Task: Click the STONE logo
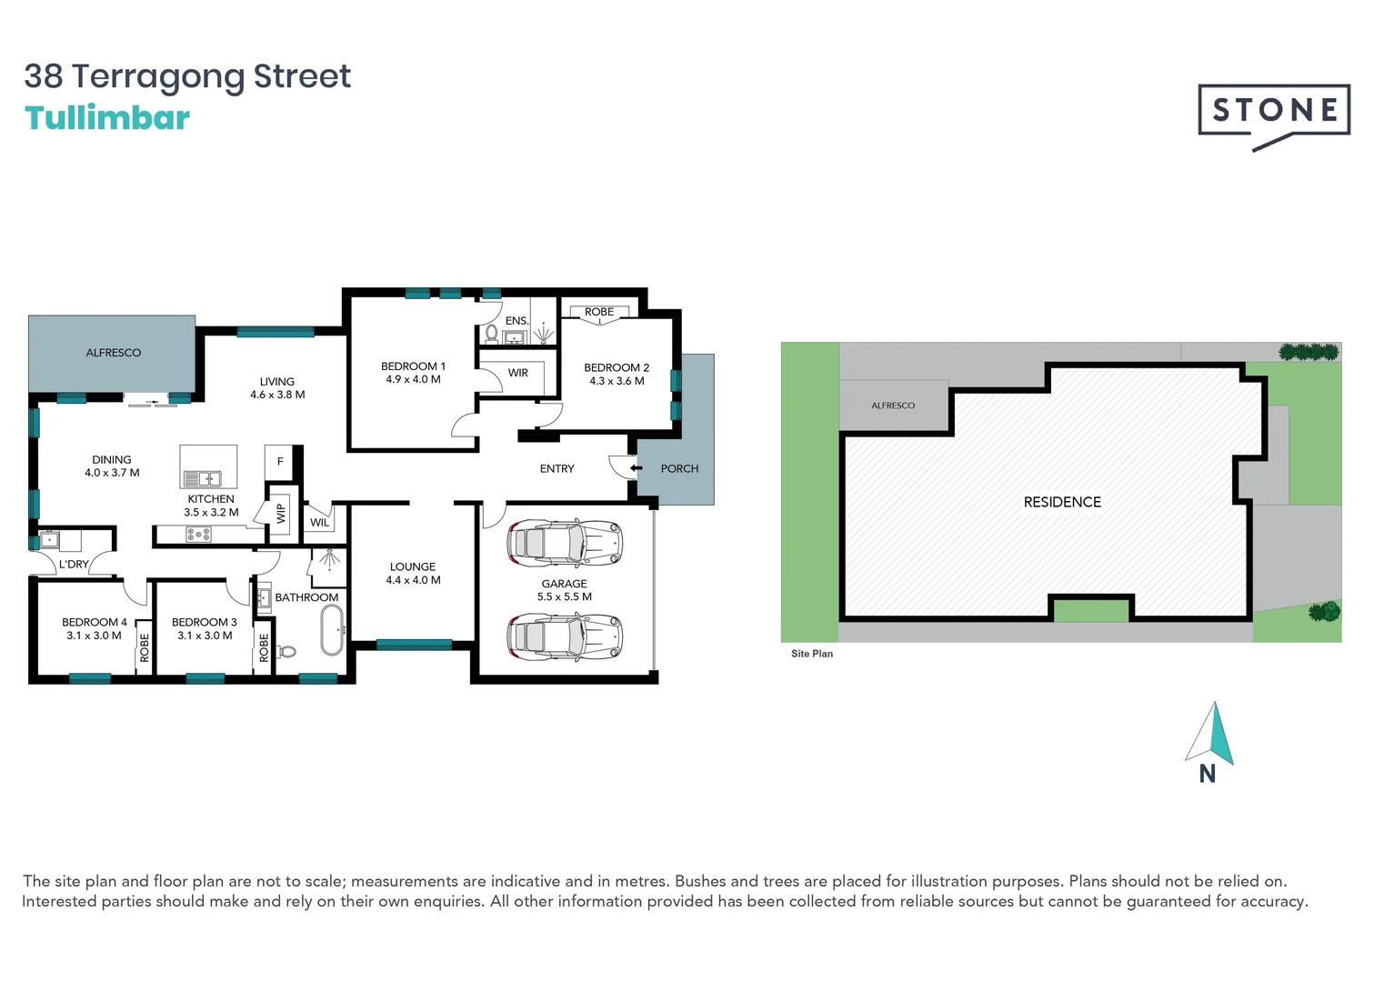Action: point(1273,112)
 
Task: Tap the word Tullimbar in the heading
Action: point(107,118)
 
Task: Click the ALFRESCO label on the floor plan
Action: point(114,353)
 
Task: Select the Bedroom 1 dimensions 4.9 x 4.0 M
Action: point(413,379)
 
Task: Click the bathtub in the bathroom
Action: point(332,630)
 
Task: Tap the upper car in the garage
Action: point(565,543)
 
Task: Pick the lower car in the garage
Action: point(565,636)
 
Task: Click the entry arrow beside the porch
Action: point(636,468)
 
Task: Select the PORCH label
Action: point(679,469)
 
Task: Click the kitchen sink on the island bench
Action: point(203,478)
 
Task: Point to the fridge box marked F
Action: point(280,462)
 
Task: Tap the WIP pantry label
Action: point(281,514)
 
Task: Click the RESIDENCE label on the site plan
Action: point(1062,502)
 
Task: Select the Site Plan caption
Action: point(812,654)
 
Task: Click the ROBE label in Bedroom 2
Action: point(599,312)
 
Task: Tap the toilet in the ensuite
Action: point(492,334)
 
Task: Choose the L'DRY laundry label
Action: point(74,565)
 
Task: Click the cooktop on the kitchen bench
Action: point(199,535)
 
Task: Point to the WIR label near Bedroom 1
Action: point(518,373)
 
